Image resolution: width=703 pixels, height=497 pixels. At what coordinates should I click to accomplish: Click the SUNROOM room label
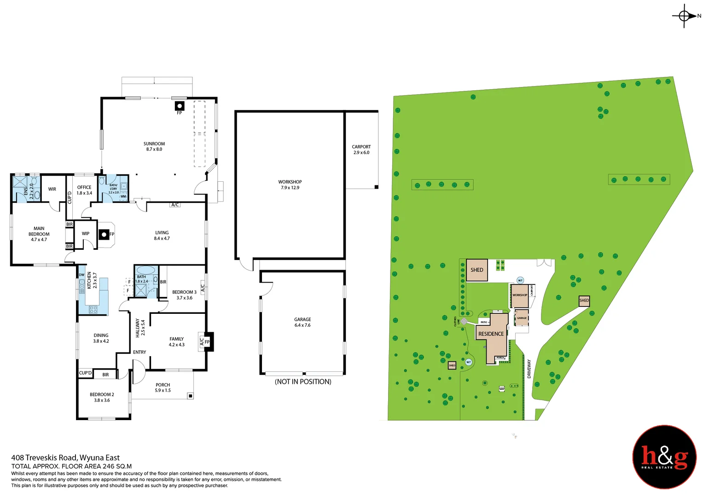point(154,146)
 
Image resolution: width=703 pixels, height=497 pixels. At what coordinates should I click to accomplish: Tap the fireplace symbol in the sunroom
point(180,106)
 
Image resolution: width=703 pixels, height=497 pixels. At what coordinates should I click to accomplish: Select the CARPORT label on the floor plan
point(361,150)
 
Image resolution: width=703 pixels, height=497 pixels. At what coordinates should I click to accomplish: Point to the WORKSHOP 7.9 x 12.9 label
point(290,185)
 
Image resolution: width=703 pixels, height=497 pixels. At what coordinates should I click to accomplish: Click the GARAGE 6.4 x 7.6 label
point(302,322)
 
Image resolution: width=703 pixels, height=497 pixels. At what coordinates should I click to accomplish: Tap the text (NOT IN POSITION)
point(303,381)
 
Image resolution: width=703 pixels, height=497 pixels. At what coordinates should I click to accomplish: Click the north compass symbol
point(684,16)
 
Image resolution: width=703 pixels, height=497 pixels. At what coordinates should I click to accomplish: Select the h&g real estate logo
point(664,457)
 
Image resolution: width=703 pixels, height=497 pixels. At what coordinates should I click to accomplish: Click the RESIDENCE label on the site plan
point(491,334)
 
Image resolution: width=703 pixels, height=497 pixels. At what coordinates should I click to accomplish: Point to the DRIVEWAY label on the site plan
point(529,369)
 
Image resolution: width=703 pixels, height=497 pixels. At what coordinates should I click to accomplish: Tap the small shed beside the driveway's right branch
point(584,301)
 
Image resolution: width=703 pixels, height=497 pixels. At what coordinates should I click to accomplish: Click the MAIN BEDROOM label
point(39,234)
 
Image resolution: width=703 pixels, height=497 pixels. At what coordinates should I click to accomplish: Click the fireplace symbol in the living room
point(105,235)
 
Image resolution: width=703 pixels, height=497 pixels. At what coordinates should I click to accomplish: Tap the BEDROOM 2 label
point(102,397)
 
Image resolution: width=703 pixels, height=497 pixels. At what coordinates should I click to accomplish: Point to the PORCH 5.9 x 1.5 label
point(163,387)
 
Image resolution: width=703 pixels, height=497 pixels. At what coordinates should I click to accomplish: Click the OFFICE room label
point(84,190)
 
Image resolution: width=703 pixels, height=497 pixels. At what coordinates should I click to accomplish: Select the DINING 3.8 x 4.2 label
point(101,338)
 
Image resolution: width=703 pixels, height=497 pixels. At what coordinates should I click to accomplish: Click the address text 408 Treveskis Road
point(65,457)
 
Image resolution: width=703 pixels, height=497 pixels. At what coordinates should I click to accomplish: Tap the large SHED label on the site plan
point(476,270)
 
